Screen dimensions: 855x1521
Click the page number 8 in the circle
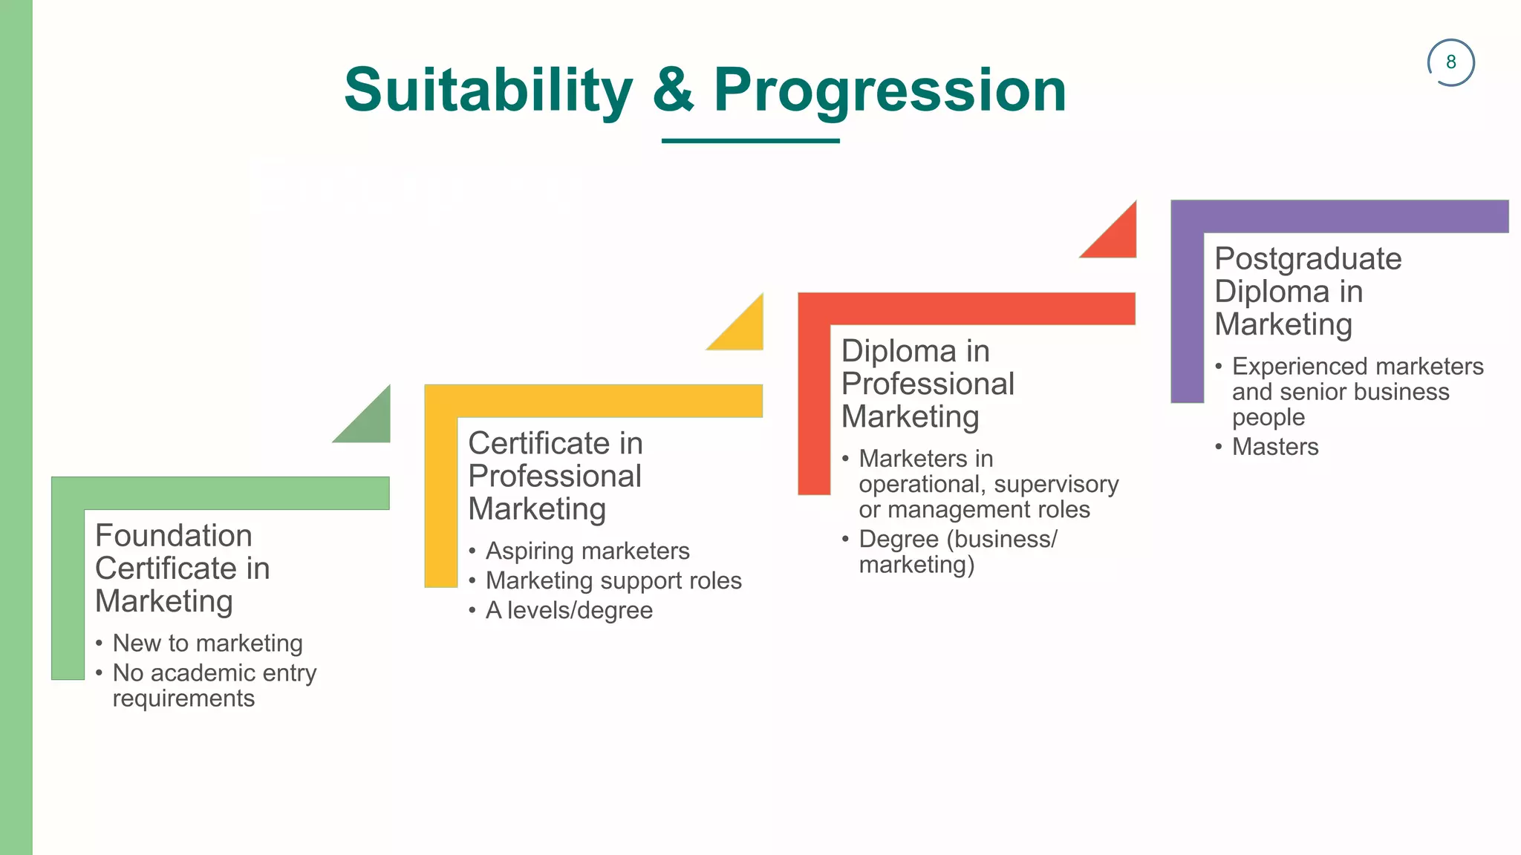1450,62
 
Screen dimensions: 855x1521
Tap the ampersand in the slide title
673,91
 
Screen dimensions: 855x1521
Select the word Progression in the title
890,91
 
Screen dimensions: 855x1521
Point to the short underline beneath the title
750,140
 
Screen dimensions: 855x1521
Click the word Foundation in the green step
174,535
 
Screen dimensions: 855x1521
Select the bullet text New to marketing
207,643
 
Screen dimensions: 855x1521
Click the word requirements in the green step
183,698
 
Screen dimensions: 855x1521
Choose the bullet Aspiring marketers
587,551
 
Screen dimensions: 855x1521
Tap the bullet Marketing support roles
613,580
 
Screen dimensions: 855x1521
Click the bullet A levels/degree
569,610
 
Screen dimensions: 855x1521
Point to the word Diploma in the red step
888,351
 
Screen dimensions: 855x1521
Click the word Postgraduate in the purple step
1308,259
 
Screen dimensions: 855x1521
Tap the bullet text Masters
1275,447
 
